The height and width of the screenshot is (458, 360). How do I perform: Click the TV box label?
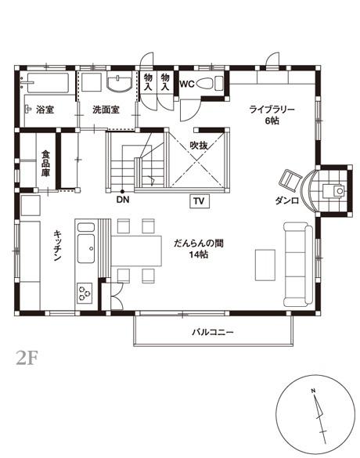(200, 201)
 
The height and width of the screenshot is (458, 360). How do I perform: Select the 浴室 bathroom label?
(45, 110)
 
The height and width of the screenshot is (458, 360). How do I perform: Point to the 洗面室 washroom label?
(106, 110)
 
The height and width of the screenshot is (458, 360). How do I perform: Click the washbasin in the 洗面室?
(120, 83)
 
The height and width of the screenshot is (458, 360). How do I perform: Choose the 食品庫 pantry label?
(45, 164)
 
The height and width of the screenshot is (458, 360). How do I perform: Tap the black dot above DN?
(122, 191)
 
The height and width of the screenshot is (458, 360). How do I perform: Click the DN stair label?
(123, 200)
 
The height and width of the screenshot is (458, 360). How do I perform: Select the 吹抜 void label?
(199, 145)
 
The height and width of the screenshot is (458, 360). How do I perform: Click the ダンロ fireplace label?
(286, 201)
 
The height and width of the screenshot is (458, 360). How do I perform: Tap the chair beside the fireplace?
(290, 179)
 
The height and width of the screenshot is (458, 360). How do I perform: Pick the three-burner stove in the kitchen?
(85, 293)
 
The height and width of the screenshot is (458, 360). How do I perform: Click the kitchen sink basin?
(86, 248)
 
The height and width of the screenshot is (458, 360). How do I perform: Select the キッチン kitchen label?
(57, 245)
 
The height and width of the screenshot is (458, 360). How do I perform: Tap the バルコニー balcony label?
(213, 333)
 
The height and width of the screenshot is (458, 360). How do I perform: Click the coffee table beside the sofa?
(265, 265)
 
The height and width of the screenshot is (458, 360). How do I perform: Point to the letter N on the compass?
(313, 390)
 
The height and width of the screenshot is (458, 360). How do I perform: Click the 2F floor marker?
(27, 358)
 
